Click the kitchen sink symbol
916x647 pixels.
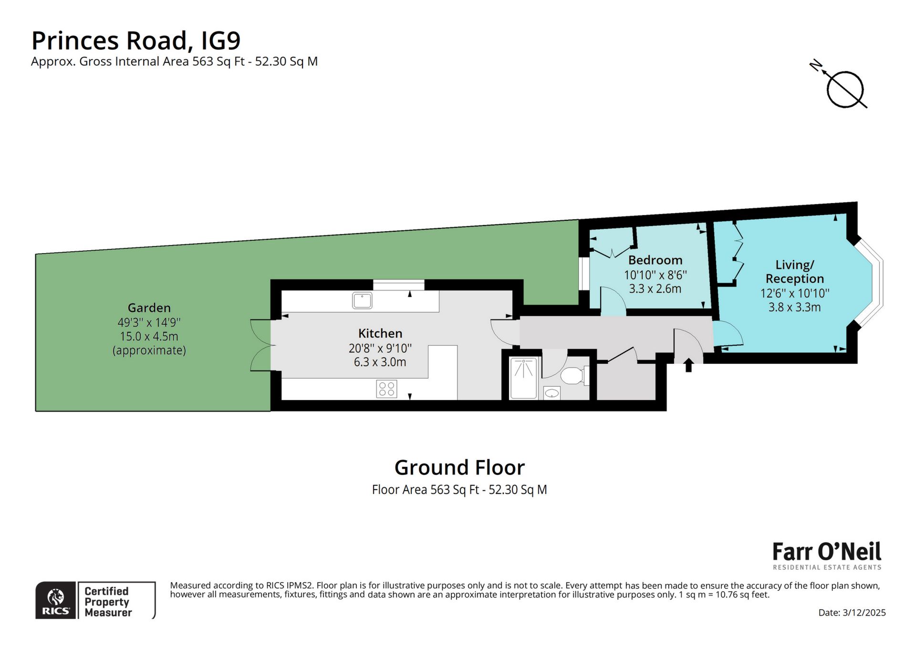(x=362, y=301)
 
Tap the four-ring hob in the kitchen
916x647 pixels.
(x=386, y=389)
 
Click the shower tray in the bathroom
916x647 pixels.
(x=523, y=378)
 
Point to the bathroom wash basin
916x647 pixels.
(x=552, y=393)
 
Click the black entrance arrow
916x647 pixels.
(x=688, y=365)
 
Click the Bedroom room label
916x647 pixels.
(x=655, y=260)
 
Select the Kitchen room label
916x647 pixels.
(x=380, y=333)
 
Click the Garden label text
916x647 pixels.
(x=149, y=308)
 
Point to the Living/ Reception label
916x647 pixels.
(x=794, y=272)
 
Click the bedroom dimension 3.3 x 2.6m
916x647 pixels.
(x=655, y=288)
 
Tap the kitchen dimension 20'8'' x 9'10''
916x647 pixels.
(x=380, y=348)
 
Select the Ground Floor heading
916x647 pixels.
(x=459, y=468)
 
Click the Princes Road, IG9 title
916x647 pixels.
(x=136, y=41)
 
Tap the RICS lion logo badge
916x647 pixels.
(x=56, y=600)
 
